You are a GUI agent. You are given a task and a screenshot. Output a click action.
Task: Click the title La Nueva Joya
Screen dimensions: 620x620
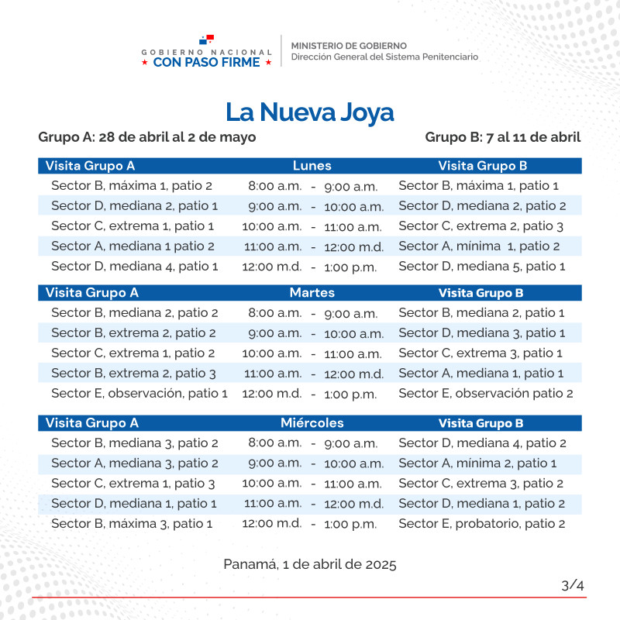pos(310,112)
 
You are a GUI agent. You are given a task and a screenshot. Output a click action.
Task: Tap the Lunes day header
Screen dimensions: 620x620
pos(312,166)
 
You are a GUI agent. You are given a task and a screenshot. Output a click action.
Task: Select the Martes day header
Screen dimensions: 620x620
pos(312,293)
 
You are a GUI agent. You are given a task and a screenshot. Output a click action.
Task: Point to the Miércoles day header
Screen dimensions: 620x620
pos(312,423)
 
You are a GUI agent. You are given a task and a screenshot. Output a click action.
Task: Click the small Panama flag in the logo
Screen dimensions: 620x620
pos(206,40)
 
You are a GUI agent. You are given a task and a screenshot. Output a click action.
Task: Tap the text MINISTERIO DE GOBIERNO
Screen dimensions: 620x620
pos(349,46)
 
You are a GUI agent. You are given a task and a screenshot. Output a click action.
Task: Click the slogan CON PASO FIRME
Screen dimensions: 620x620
pos(206,63)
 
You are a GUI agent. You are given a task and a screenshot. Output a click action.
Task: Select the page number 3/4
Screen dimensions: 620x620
pos(573,585)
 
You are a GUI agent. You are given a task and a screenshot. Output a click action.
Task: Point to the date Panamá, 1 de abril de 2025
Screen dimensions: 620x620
pos(310,564)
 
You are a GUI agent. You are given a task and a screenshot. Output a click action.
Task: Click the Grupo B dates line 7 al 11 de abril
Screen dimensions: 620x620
pos(503,137)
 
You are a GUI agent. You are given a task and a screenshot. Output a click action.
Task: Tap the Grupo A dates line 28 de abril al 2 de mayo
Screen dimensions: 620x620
pos(147,137)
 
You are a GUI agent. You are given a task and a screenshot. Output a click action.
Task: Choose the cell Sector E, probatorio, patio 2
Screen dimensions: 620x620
pos(482,524)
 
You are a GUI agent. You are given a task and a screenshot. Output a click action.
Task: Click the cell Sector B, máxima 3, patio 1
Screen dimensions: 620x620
pos(132,524)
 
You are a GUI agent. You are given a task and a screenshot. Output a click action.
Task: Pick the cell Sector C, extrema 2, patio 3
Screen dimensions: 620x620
pos(480,226)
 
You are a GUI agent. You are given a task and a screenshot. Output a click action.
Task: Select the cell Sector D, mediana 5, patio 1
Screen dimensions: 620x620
pos(482,267)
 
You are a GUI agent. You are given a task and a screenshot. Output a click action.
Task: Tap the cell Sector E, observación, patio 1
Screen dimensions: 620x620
pos(139,394)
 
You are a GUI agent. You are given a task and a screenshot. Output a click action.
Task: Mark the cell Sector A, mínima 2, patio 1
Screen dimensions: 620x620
pos(477,463)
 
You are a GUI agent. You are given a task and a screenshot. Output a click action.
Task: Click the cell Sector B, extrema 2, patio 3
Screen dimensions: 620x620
pos(133,374)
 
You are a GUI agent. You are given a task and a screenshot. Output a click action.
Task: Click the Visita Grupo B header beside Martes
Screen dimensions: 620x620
pos(480,293)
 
